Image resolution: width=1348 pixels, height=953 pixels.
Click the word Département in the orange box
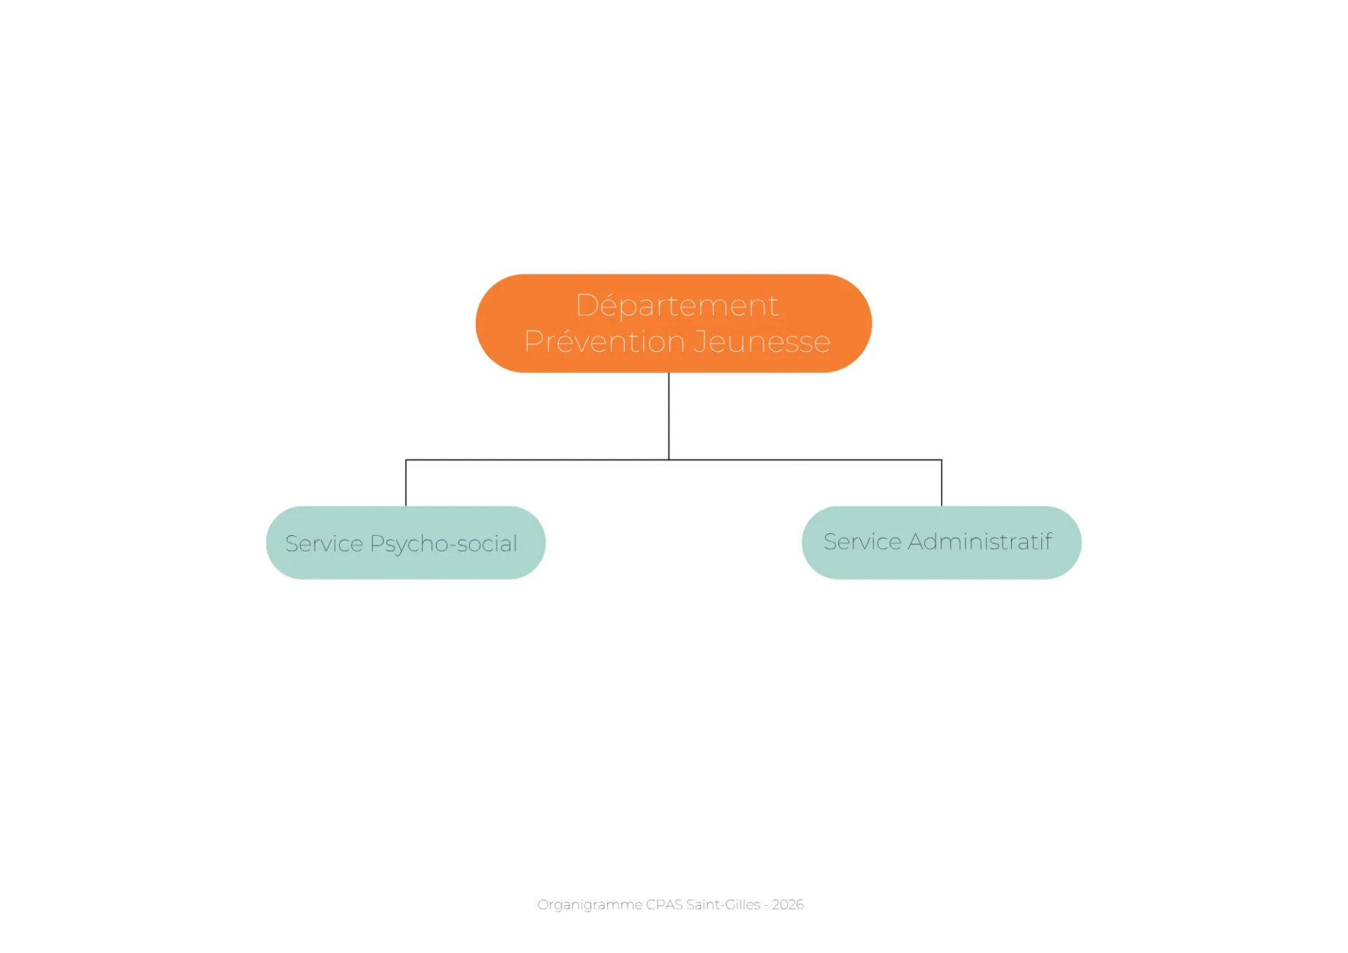(x=677, y=305)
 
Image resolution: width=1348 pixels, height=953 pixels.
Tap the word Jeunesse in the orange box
(x=762, y=341)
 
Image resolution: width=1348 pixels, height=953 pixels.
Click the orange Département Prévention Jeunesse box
(x=674, y=323)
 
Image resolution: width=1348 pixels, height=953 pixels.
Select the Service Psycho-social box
(x=406, y=543)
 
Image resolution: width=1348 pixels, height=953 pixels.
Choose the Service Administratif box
(x=941, y=543)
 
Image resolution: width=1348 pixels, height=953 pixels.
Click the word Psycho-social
(x=444, y=544)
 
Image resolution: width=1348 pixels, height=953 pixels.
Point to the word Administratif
(x=980, y=541)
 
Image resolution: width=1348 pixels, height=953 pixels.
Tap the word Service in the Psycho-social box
(x=324, y=544)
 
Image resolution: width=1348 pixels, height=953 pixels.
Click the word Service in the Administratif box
(x=863, y=541)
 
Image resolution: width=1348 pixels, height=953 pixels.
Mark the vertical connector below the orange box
(x=669, y=416)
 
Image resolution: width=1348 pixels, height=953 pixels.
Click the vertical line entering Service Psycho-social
(x=406, y=483)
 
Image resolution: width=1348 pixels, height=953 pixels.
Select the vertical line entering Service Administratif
(x=941, y=483)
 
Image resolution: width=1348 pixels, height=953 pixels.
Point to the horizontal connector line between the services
(x=674, y=460)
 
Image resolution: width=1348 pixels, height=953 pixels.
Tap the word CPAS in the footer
(x=664, y=905)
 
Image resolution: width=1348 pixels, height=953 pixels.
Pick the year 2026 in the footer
(x=788, y=905)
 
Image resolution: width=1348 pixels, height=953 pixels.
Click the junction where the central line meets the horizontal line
(x=669, y=460)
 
